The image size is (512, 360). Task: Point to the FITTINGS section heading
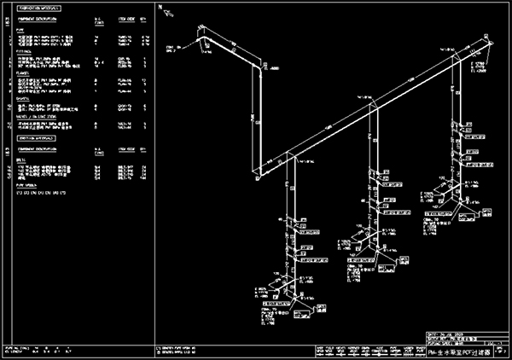tap(26, 50)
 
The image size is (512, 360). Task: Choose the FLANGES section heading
tap(25, 73)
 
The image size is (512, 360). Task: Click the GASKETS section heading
tap(25, 97)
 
